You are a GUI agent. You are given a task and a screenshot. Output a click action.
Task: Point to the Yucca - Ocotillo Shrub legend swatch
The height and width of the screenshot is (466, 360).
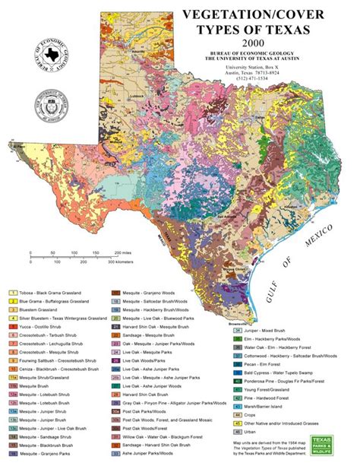(13, 327)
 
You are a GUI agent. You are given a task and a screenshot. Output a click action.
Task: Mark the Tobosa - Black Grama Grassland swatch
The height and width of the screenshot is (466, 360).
(13, 293)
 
